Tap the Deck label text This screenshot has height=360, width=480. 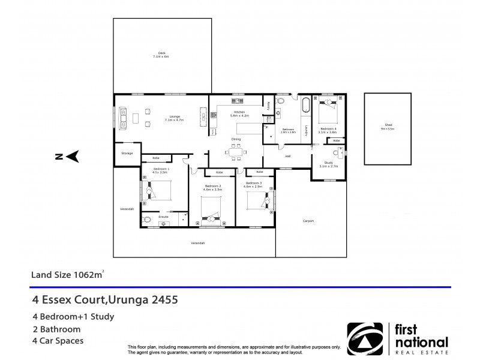(161, 55)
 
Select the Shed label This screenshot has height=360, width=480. (388, 126)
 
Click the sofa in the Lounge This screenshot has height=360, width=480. (123, 118)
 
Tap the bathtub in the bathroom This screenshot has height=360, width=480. (305, 106)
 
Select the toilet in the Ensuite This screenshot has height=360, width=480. (147, 220)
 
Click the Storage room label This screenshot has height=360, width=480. (127, 153)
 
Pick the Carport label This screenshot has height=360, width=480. (308, 221)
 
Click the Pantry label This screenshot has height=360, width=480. (268, 105)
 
